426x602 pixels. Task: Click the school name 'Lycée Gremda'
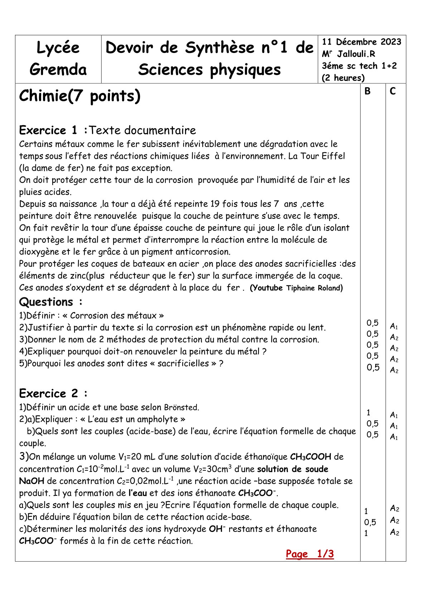(58, 59)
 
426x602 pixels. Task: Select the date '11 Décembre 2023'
(362, 42)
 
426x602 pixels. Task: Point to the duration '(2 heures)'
(343, 78)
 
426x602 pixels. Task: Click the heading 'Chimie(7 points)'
(79, 96)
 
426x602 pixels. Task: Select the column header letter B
(367, 92)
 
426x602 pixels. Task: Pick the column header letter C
(393, 92)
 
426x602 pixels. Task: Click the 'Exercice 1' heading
(53, 130)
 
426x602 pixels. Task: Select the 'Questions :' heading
(50, 302)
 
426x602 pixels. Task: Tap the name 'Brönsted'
(181, 407)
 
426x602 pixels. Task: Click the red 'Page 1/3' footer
(310, 554)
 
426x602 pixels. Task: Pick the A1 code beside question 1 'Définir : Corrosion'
(394, 326)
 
